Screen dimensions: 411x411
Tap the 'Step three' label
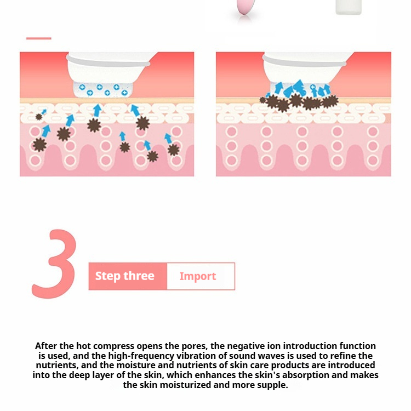125,276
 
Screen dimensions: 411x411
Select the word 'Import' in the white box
198,276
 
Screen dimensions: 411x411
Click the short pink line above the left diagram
39,38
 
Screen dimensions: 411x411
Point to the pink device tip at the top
244,7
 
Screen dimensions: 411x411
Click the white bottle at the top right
349,7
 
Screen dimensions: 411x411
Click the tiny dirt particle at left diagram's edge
39,117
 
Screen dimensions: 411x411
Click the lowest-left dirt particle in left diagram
39,145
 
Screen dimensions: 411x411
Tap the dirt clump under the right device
299,102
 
